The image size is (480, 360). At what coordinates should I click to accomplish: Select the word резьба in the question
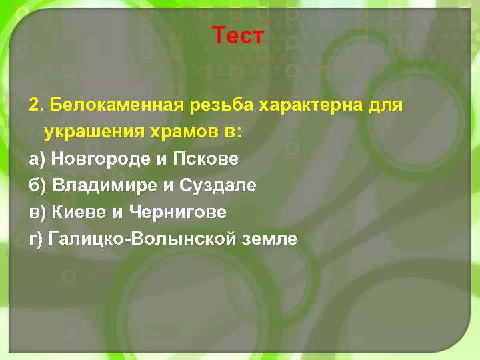point(213,105)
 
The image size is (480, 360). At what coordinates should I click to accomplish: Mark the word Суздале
point(217,185)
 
